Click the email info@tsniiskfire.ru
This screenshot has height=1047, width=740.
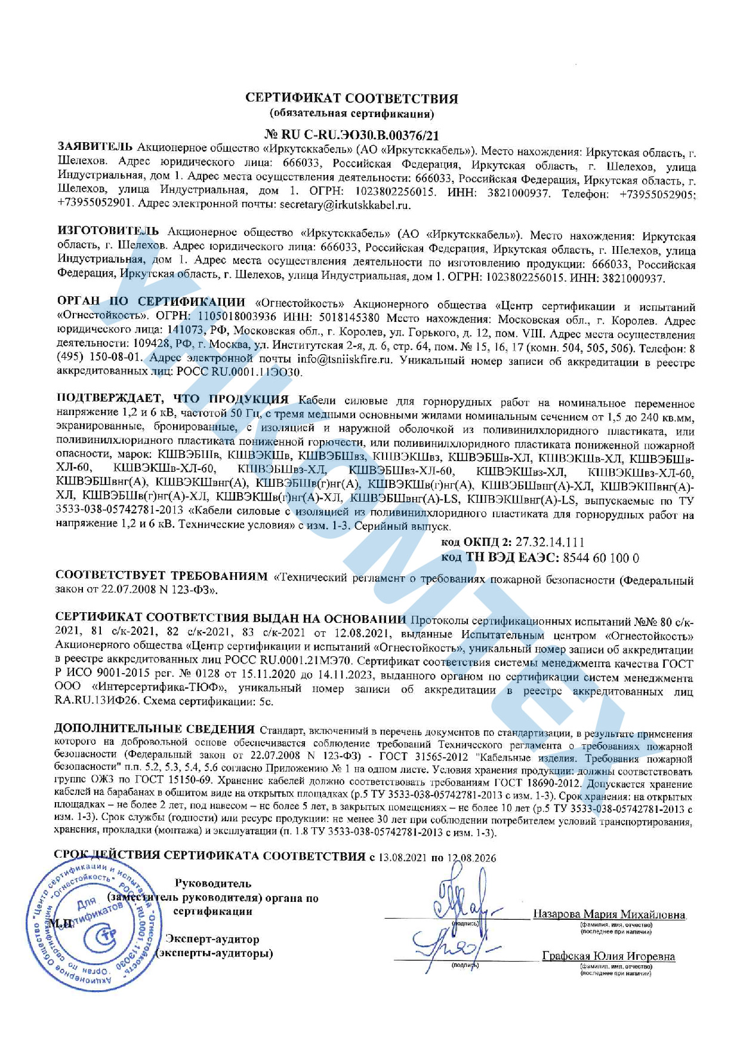pos(347,360)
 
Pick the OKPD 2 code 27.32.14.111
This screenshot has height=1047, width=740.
pos(550,542)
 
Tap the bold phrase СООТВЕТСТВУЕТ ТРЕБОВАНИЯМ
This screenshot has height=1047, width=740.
pos(162,576)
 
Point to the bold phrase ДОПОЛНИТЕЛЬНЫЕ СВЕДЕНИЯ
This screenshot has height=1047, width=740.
pos(155,729)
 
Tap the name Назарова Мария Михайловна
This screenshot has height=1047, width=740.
pos(609,914)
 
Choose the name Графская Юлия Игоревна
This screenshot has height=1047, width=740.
pos(608,956)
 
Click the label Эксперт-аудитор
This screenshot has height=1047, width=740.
pos(212,939)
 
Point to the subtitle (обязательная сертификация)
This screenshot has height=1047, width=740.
pos(351,113)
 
